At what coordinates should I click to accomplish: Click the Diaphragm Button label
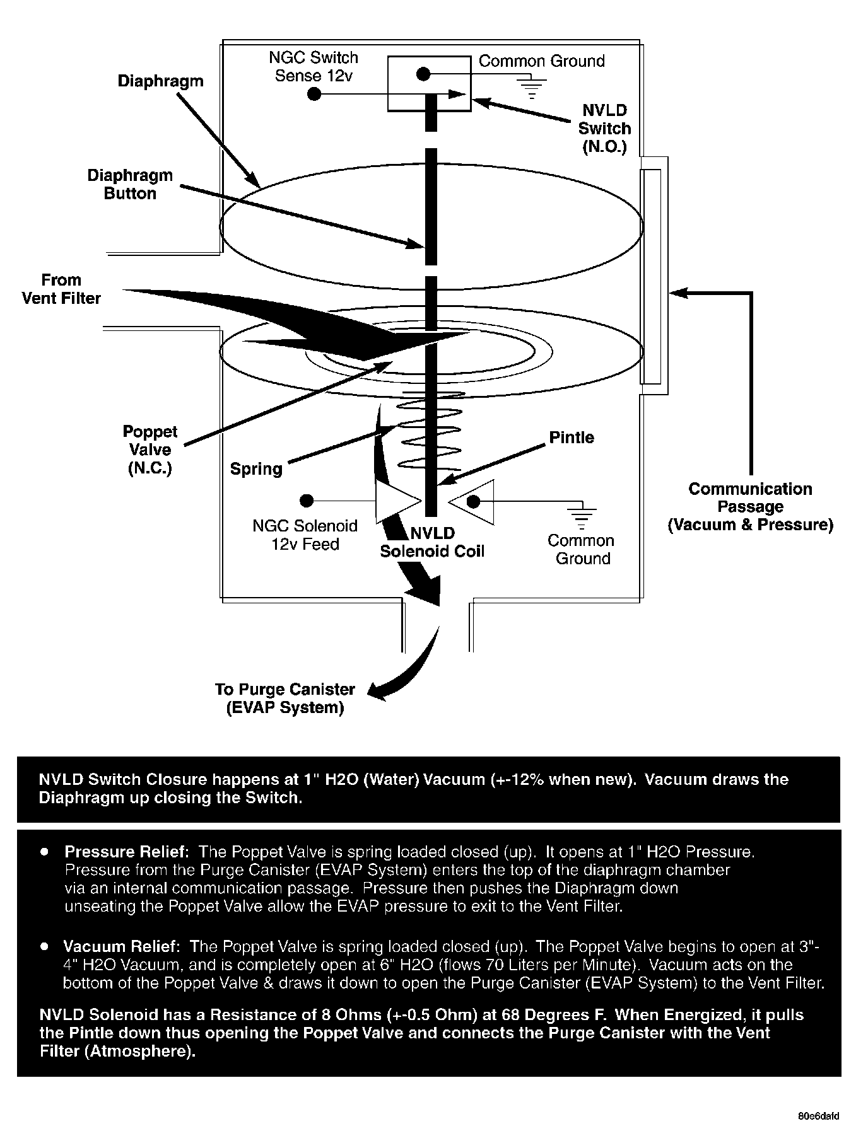point(130,184)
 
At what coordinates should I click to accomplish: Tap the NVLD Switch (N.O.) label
point(604,129)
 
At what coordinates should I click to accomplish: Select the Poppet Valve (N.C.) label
point(150,449)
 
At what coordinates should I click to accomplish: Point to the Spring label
point(256,469)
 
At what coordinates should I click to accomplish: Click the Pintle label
point(572,438)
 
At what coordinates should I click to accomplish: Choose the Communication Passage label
point(750,507)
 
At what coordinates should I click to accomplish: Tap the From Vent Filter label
point(61,289)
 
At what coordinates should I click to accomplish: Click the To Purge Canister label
point(285,699)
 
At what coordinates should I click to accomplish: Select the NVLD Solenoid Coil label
point(432,543)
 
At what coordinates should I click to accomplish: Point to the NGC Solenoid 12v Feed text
point(305,535)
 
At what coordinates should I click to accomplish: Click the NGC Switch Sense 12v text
point(314,66)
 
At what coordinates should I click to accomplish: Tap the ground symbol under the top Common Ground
point(532,88)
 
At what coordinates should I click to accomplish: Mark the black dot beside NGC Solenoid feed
point(307,501)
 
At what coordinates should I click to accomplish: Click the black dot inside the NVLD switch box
point(424,74)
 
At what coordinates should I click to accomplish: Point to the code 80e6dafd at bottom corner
point(818,1115)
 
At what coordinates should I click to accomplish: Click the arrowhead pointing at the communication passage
point(676,293)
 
